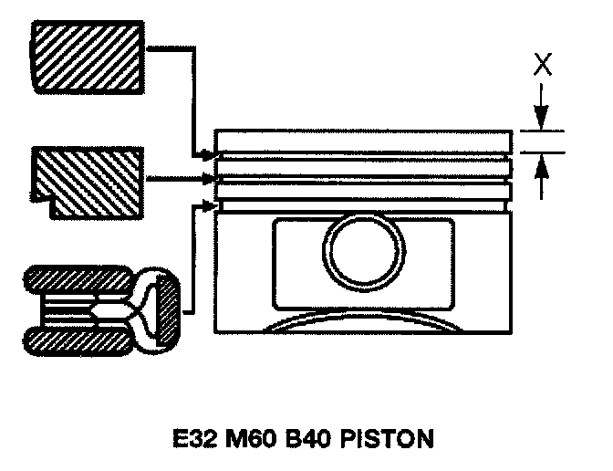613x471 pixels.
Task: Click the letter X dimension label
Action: click(x=542, y=65)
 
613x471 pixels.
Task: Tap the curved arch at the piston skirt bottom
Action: click(x=365, y=322)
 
